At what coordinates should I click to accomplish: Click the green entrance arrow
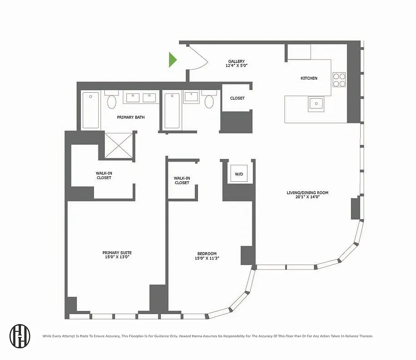173,59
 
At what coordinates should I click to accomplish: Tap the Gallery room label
237,62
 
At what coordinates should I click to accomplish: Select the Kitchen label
309,78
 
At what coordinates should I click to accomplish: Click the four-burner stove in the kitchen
339,80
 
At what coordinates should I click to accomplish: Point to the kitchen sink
316,103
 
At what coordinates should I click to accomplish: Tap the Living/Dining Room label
308,193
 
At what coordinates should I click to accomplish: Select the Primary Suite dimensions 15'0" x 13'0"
117,257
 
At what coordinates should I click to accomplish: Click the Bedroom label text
207,253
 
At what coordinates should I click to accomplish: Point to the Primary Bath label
130,117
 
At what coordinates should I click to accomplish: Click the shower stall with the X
119,145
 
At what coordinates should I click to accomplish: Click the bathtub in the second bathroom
172,110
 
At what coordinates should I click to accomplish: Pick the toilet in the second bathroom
209,101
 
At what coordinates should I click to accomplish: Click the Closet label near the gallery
237,98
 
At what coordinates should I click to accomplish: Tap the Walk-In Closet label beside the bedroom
182,180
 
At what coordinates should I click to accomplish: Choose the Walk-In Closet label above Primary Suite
104,175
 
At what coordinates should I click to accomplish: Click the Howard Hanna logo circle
20,336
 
